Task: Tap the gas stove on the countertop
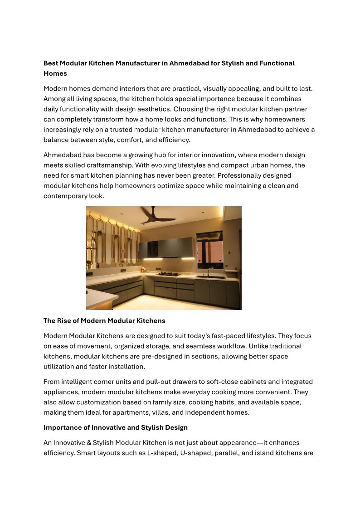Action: click(169, 274)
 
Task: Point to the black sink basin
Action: click(210, 276)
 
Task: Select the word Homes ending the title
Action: click(55, 73)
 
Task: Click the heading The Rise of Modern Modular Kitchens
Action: click(104, 320)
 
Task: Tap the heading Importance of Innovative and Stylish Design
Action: click(116, 427)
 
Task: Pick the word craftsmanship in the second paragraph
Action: click(100, 165)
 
